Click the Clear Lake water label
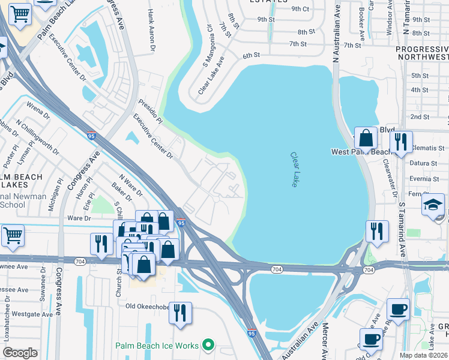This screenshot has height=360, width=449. (x=295, y=169)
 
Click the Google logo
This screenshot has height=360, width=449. (x=20, y=353)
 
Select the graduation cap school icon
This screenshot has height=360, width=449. (x=433, y=205)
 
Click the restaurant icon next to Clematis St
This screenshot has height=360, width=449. (x=400, y=141)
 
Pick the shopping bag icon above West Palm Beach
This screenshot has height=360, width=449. (x=365, y=138)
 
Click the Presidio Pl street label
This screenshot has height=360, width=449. (x=150, y=112)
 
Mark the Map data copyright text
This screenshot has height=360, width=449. (x=424, y=355)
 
